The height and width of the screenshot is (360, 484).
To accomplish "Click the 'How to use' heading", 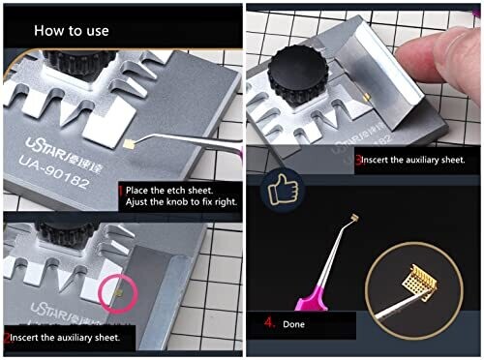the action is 72,31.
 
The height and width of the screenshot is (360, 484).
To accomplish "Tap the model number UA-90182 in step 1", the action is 54,172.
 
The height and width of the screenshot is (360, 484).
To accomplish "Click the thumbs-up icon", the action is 283,190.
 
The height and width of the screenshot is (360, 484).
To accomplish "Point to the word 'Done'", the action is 293,324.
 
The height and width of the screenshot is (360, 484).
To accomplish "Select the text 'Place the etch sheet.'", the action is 169,191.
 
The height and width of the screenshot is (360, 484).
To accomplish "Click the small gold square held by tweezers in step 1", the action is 130,144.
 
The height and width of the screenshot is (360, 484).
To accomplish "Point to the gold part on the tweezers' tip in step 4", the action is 354,218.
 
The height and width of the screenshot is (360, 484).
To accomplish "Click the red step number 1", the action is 121,191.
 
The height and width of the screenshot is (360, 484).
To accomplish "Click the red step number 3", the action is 359,160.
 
